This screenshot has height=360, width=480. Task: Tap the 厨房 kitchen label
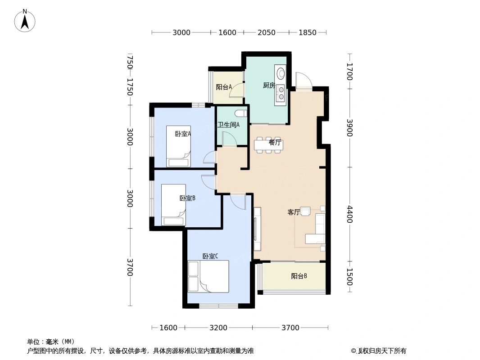pyautogui.click(x=269, y=85)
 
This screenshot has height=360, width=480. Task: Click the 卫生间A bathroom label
pyautogui.click(x=228, y=125)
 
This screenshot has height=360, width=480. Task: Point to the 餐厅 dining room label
pyautogui.click(x=275, y=143)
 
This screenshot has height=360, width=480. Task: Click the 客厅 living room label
pyautogui.click(x=294, y=212)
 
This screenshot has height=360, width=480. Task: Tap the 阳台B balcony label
pyautogui.click(x=299, y=276)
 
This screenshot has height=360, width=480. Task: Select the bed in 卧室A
pyautogui.click(x=177, y=146)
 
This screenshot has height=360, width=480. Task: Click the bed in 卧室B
pyautogui.click(x=174, y=205)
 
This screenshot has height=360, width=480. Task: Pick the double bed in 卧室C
pyautogui.click(x=208, y=276)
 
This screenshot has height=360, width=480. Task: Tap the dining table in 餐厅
pyautogui.click(x=268, y=145)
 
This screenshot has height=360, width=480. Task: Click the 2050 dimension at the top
pyautogui.click(x=266, y=32)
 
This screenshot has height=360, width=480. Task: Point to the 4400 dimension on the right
pyautogui.click(x=349, y=214)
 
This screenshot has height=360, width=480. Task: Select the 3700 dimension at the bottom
pyautogui.click(x=290, y=328)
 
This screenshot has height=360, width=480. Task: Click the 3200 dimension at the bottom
pyautogui.click(x=218, y=328)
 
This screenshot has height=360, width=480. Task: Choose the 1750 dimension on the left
pyautogui.click(x=130, y=87)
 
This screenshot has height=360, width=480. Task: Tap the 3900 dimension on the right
pyautogui.click(x=349, y=128)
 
